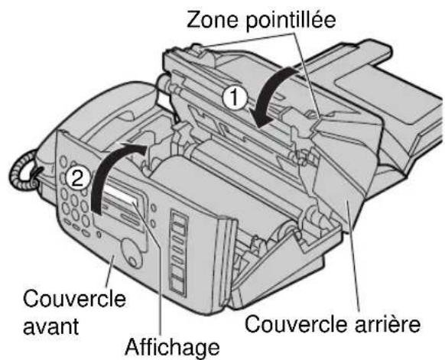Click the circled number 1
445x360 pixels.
coord(239,95)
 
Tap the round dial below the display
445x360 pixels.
coord(122,248)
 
